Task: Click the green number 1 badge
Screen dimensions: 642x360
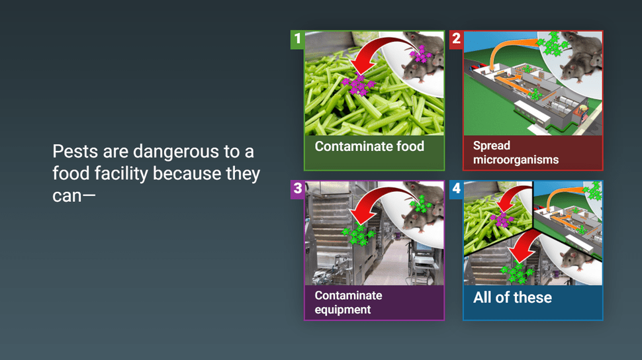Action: (297, 39)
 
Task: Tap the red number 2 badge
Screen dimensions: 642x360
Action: (456, 39)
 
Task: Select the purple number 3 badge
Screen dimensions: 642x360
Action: (297, 189)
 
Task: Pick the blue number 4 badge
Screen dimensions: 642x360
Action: (456, 189)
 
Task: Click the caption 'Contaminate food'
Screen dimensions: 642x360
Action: (369, 146)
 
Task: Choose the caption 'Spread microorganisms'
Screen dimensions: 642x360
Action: (516, 152)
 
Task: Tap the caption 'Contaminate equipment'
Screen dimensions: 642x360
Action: (348, 302)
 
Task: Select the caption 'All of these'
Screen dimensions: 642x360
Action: (513, 297)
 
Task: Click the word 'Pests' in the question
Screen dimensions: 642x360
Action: (75, 152)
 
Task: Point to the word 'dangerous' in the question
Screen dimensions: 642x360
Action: (176, 152)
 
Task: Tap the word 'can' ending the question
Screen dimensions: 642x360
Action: (67, 196)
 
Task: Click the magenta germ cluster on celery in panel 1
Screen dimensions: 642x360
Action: (359, 85)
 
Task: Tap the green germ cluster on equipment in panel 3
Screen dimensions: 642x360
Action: (359, 235)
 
